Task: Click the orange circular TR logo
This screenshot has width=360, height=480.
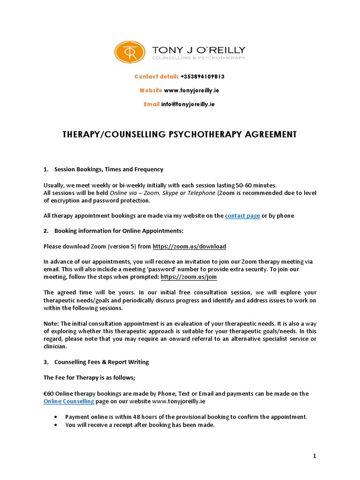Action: click(129, 52)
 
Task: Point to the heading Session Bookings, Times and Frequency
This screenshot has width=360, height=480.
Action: click(109, 169)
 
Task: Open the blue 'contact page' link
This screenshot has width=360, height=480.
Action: click(242, 216)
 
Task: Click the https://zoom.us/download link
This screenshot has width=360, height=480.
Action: click(189, 246)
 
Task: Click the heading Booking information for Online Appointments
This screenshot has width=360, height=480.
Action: click(119, 231)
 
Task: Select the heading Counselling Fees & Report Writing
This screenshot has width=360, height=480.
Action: click(101, 362)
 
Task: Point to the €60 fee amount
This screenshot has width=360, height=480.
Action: click(48, 394)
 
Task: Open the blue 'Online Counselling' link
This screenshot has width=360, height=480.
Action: click(69, 401)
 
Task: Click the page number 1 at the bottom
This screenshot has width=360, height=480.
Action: click(315, 456)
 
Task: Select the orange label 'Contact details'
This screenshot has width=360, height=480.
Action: click(156, 76)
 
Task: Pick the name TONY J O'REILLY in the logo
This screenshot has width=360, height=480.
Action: click(198, 50)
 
